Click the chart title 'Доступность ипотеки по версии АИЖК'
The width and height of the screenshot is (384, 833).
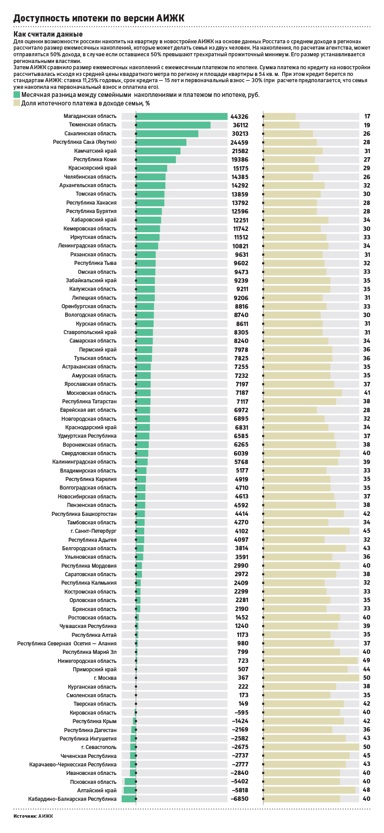click(99, 18)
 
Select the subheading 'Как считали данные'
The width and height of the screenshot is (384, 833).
click(48, 34)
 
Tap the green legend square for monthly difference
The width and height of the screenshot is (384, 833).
click(17, 95)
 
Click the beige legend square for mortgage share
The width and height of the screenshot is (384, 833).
click(17, 103)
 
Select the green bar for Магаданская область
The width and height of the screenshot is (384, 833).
click(182, 117)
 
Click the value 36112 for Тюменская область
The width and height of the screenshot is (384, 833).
click(240, 126)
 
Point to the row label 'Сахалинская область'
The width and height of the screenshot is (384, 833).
click(91, 134)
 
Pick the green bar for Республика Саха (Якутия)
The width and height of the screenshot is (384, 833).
click(161, 142)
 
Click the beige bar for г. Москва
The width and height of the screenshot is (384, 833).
click(311, 678)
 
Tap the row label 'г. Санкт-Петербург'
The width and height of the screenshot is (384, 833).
click(93, 531)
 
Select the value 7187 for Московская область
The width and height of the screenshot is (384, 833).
click(242, 393)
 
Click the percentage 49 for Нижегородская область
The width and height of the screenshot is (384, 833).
click(367, 661)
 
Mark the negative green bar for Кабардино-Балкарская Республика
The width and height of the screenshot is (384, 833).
click(129, 799)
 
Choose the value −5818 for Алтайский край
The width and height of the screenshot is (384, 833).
click(239, 791)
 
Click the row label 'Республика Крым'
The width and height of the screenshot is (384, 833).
click(95, 721)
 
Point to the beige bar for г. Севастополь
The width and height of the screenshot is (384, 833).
click(311, 747)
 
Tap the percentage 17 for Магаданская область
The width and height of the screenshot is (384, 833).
click(367, 117)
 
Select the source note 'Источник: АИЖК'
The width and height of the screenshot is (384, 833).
click(33, 816)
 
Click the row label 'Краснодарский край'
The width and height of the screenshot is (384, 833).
click(91, 427)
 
